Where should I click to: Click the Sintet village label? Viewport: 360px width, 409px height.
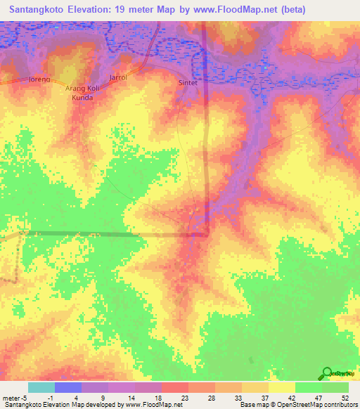click(x=186, y=82)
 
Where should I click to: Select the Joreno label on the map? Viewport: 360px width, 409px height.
click(x=39, y=79)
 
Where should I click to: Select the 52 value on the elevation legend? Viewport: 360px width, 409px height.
click(x=345, y=397)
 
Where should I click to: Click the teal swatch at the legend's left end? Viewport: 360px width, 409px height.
click(x=41, y=387)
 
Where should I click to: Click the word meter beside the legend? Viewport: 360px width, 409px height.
click(x=12, y=397)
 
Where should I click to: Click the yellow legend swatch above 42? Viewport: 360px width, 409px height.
click(x=282, y=387)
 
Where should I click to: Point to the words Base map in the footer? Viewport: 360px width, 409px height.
click(x=252, y=405)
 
